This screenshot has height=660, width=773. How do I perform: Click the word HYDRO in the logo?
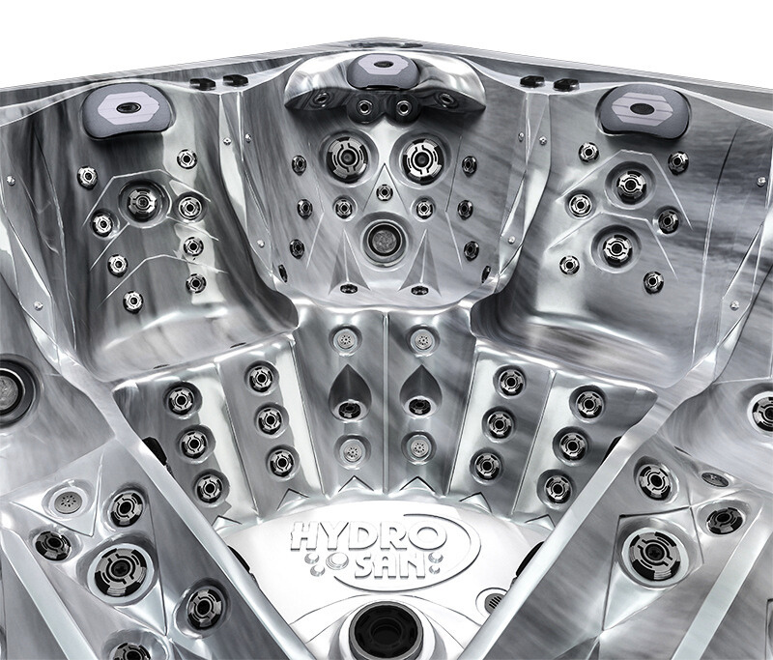coord(366,537)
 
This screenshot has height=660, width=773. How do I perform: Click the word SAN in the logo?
coord(388,567)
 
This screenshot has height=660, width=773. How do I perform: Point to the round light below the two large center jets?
coord(382,239)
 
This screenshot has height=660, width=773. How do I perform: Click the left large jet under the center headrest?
coord(347,157)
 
